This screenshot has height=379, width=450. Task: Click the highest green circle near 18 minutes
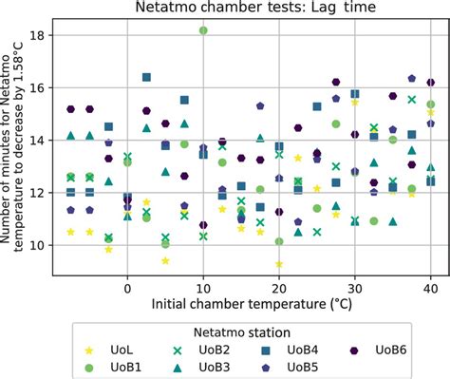(x=203, y=30)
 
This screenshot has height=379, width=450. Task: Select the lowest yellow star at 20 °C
(x=279, y=264)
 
